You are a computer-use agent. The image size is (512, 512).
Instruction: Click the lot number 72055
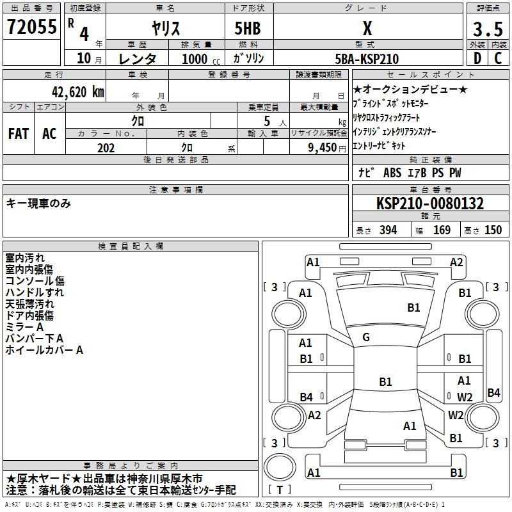(x=32, y=27)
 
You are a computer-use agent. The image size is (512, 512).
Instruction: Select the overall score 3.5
(x=488, y=29)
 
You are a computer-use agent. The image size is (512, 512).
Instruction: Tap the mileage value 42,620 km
(x=77, y=92)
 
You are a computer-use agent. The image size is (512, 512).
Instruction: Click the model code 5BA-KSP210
(x=367, y=59)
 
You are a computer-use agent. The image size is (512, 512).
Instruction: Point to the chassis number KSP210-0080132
(x=430, y=204)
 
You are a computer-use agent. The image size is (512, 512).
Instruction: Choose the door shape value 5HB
(x=248, y=28)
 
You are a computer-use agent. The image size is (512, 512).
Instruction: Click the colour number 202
(x=106, y=148)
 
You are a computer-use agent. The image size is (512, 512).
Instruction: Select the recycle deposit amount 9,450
(x=323, y=148)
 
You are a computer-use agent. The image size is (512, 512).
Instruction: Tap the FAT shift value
(x=19, y=134)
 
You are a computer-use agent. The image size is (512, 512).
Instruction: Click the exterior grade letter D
(x=477, y=58)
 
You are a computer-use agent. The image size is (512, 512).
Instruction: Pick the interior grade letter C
(x=498, y=58)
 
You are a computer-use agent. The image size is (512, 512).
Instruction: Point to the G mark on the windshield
(x=366, y=337)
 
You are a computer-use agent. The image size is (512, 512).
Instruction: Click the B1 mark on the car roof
(x=385, y=381)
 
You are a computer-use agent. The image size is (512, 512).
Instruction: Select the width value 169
(x=442, y=230)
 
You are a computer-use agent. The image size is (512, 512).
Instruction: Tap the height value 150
(x=493, y=230)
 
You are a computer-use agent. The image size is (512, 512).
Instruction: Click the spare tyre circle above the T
(x=280, y=467)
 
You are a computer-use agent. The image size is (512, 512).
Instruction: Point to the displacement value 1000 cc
(x=201, y=59)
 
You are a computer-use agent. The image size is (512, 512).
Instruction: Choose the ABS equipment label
(x=392, y=173)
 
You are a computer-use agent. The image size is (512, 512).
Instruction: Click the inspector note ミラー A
(x=24, y=327)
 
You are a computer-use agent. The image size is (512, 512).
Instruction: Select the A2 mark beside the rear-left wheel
(x=314, y=415)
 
